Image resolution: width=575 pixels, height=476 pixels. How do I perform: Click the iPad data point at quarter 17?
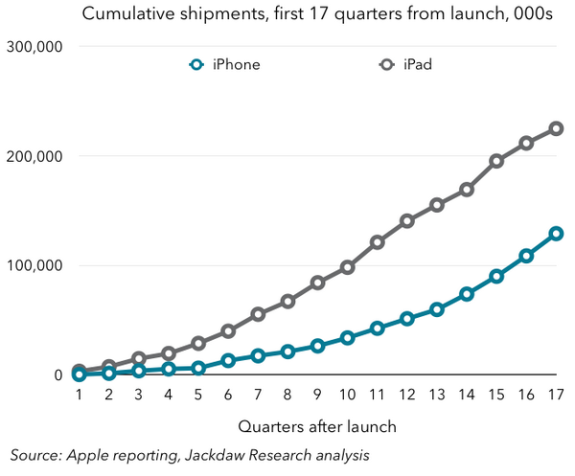pyautogui.click(x=556, y=128)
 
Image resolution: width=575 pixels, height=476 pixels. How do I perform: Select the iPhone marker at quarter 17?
pyautogui.click(x=556, y=234)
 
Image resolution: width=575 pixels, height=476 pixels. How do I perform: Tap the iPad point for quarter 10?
pyautogui.click(x=347, y=267)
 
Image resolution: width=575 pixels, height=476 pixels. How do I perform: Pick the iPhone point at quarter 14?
pyautogui.click(x=467, y=294)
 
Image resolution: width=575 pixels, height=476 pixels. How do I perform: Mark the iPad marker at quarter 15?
pyautogui.click(x=496, y=161)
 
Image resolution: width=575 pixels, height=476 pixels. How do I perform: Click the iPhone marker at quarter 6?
pyautogui.click(x=228, y=360)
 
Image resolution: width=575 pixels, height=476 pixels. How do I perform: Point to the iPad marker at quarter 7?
pyautogui.click(x=258, y=314)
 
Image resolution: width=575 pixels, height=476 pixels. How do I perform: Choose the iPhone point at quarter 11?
pyautogui.click(x=378, y=328)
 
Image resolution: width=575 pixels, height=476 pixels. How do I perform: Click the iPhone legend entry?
pyautogui.click(x=225, y=65)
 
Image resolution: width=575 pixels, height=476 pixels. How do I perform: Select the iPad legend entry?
pyautogui.click(x=405, y=65)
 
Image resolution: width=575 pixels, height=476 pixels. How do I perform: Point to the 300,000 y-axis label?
pyautogui.click(x=34, y=47)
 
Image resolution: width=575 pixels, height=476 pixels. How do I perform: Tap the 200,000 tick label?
pyautogui.click(x=34, y=156)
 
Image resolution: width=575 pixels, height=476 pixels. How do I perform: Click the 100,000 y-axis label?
pyautogui.click(x=34, y=265)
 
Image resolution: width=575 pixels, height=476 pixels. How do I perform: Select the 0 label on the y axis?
pyautogui.click(x=58, y=374)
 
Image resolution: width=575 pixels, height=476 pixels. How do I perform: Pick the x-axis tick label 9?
pyautogui.click(x=317, y=395)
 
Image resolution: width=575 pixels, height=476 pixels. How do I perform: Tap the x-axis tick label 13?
pyautogui.click(x=437, y=395)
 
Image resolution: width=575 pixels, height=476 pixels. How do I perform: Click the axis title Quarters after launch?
pyautogui.click(x=317, y=427)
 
